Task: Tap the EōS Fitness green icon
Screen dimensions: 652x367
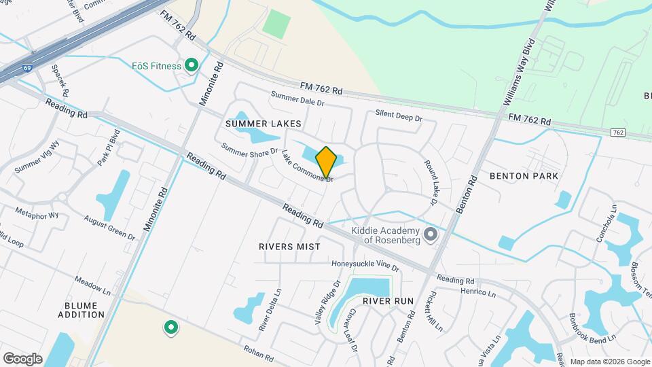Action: click(192, 66)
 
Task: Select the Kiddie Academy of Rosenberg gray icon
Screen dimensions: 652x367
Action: click(430, 235)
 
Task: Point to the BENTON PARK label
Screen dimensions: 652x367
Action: click(524, 176)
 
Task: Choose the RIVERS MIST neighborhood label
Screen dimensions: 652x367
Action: click(289, 247)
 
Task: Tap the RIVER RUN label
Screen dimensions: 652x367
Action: click(388, 300)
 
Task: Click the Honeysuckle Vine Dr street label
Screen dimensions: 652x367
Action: click(365, 265)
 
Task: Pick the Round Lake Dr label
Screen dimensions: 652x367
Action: click(429, 183)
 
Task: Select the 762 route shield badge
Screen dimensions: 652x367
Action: click(617, 132)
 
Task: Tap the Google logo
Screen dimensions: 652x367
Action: click(22, 358)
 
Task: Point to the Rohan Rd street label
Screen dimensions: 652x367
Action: click(259, 353)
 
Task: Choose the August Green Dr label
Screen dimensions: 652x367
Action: click(109, 226)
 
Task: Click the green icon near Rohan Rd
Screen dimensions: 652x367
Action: click(171, 328)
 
